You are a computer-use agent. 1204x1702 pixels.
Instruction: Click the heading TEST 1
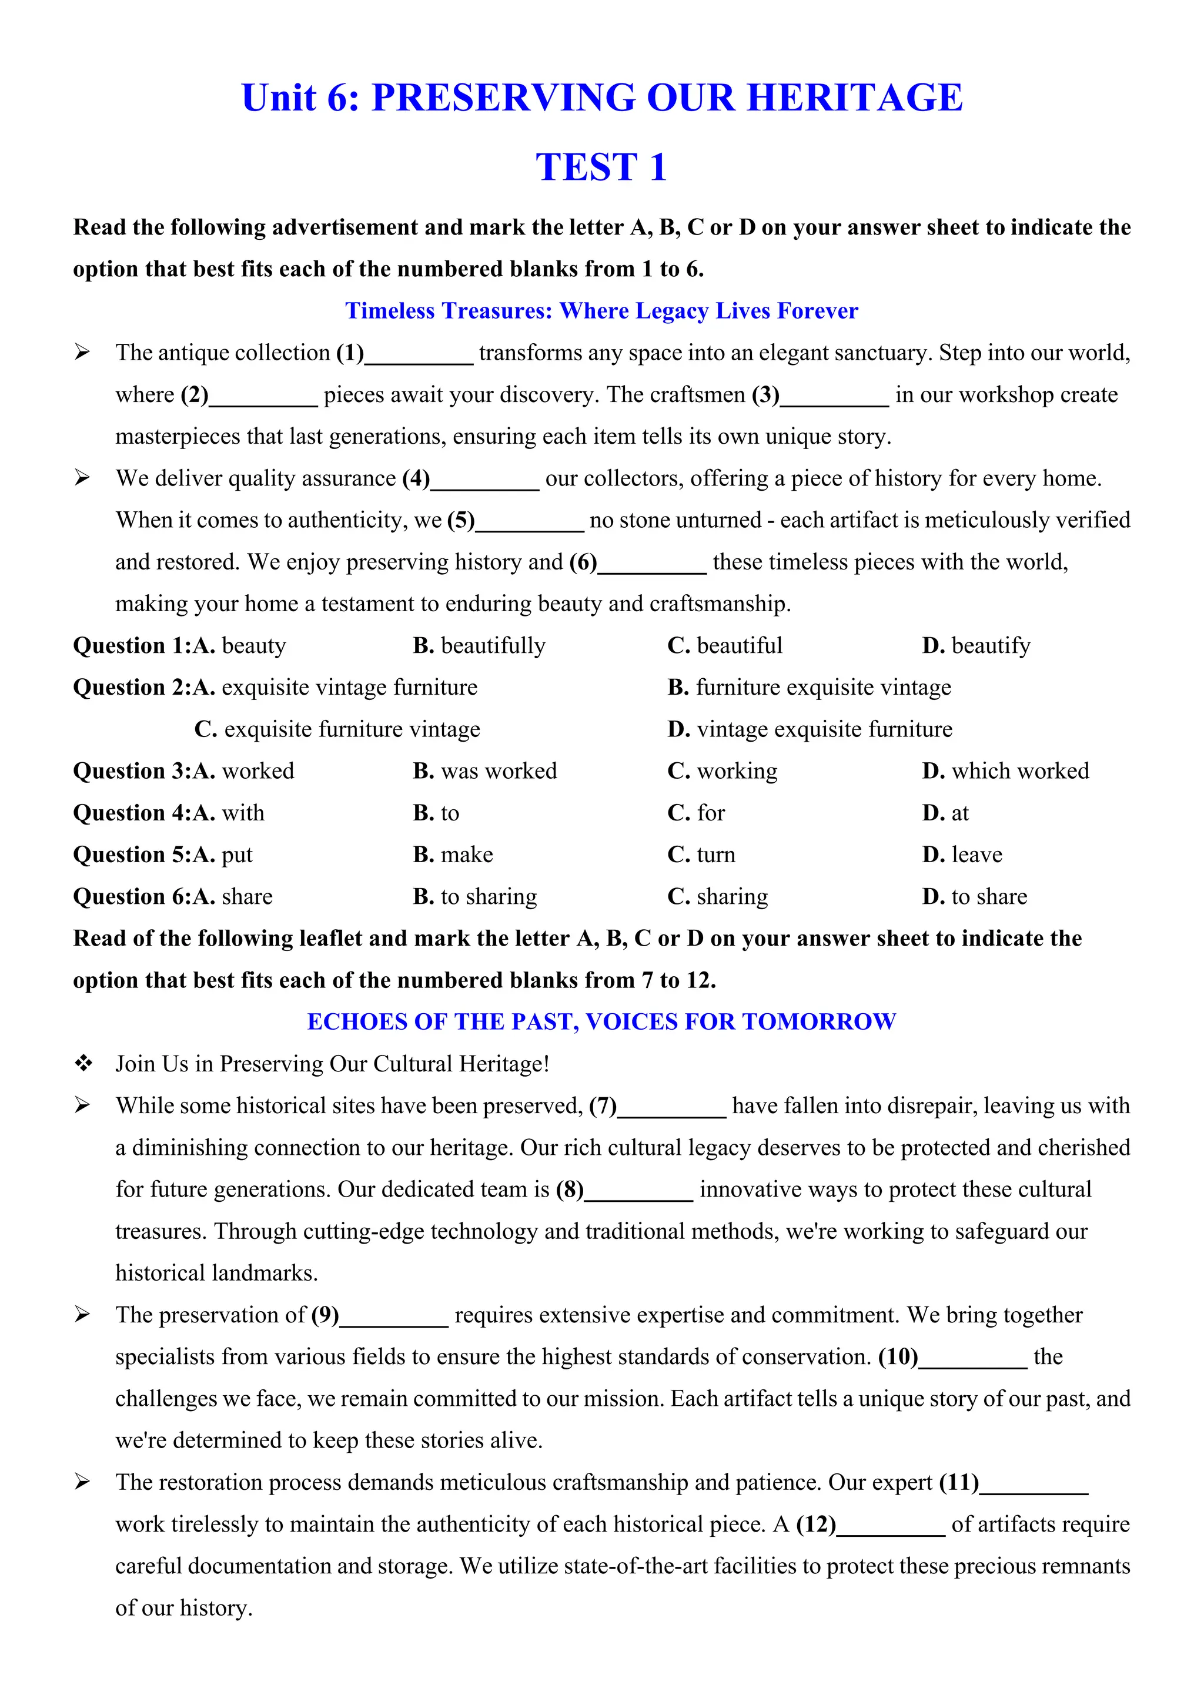(x=601, y=167)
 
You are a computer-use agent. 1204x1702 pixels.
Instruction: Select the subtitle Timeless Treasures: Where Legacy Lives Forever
(x=601, y=310)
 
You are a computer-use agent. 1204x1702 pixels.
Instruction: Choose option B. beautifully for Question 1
(x=479, y=646)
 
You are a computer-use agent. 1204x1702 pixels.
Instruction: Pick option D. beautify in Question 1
(x=976, y=646)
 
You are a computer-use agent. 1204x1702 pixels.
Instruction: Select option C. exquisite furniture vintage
(x=337, y=729)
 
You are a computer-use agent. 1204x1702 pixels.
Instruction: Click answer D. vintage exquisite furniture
(x=810, y=729)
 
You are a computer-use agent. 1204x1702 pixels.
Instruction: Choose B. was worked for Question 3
(x=485, y=771)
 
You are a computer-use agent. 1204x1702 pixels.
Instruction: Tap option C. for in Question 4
(x=696, y=813)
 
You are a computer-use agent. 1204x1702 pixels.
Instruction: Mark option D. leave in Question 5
(x=962, y=855)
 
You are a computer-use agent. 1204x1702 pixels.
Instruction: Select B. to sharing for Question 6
(x=475, y=897)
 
